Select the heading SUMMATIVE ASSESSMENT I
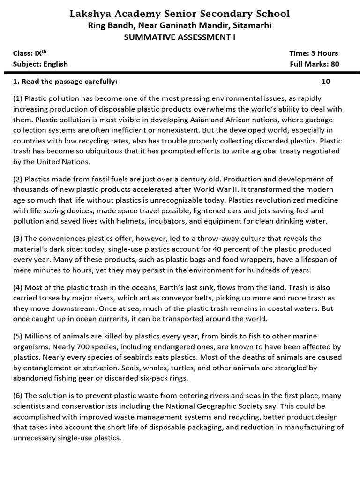(x=180, y=38)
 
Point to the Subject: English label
(x=40, y=64)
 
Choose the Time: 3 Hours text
(x=314, y=53)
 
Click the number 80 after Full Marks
(x=335, y=64)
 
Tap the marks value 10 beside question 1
(x=326, y=82)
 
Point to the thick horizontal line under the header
(x=182, y=73)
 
